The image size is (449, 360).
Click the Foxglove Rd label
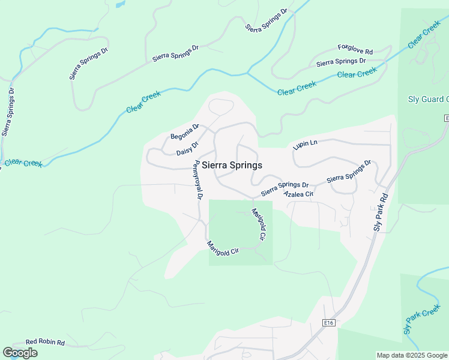(355, 49)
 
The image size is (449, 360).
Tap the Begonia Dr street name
(184, 132)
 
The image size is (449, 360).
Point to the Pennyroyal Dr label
(197, 180)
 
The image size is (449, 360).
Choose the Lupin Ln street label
(304, 144)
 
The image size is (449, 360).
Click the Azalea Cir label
(298, 194)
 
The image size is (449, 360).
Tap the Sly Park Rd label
(379, 212)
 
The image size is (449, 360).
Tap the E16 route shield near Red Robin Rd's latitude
(327, 323)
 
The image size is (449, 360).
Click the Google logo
(20, 353)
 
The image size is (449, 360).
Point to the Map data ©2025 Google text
(412, 355)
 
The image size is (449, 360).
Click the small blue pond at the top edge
(120, 4)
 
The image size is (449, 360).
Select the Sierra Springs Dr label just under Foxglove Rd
(341, 62)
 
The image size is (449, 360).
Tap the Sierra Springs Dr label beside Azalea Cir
(285, 188)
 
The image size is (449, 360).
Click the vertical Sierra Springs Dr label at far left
(8, 112)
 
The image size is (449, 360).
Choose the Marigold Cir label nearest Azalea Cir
(258, 224)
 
